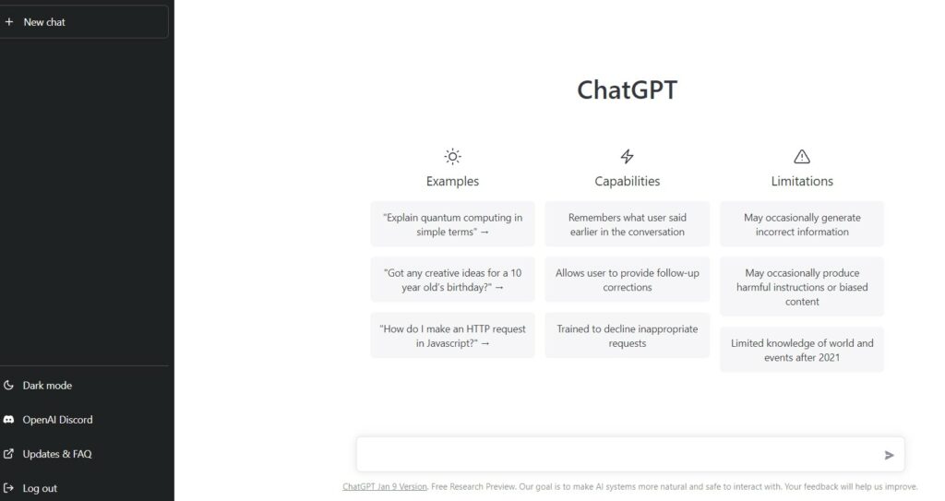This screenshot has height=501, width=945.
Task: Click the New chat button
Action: pos(84,22)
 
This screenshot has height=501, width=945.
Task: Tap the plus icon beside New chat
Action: pos(9,22)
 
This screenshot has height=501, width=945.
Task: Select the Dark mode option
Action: pos(47,386)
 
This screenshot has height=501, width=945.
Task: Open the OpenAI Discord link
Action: pos(57,420)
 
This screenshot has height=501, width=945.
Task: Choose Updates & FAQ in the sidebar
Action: pos(57,454)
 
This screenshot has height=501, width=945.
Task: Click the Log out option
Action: pos(40,488)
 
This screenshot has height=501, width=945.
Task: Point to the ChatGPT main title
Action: pos(627,89)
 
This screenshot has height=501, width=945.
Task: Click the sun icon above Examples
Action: pos(452,157)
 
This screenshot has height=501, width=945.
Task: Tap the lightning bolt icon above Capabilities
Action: pos(628,157)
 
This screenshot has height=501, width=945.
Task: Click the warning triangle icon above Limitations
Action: pos(802,157)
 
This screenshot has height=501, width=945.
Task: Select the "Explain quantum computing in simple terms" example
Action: pos(452,224)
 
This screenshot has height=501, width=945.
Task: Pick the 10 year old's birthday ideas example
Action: pos(452,280)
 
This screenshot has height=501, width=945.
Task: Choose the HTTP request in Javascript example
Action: pos(452,336)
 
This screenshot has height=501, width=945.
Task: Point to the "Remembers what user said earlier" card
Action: pos(628,224)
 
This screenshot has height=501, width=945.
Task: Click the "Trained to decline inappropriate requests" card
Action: pos(628,336)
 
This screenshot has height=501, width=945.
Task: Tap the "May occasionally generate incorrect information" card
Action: pos(802,224)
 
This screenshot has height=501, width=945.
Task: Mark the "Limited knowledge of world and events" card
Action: pos(802,350)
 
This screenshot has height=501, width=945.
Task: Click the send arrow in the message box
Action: pos(889,455)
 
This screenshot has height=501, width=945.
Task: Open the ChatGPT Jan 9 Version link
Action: pos(385,486)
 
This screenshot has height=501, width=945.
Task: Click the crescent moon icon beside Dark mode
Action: pos(8,386)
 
